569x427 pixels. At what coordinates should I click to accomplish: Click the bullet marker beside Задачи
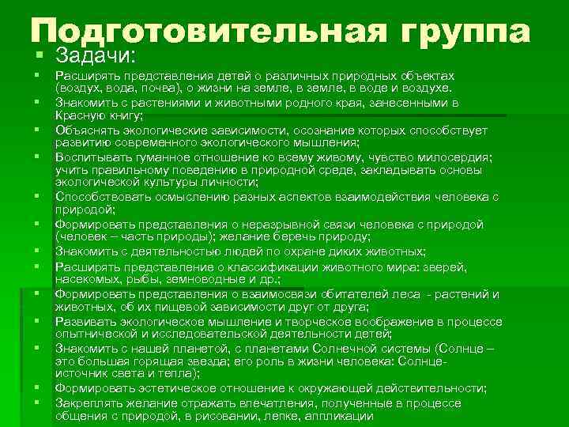(37, 56)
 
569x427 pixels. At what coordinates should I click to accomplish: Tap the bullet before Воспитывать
(37, 157)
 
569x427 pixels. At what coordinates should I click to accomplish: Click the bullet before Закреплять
(37, 403)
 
